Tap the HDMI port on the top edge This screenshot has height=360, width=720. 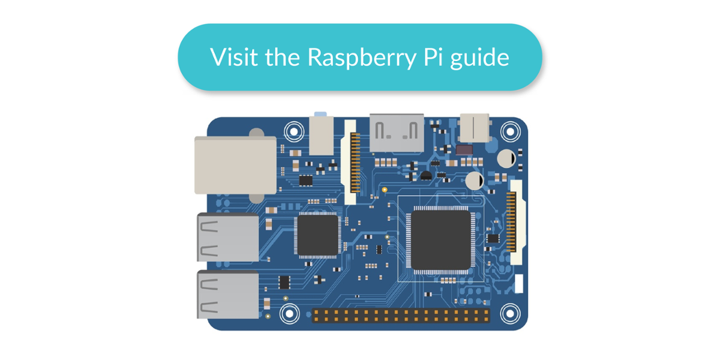tap(396, 133)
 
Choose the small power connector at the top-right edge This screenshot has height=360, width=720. tap(474, 127)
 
